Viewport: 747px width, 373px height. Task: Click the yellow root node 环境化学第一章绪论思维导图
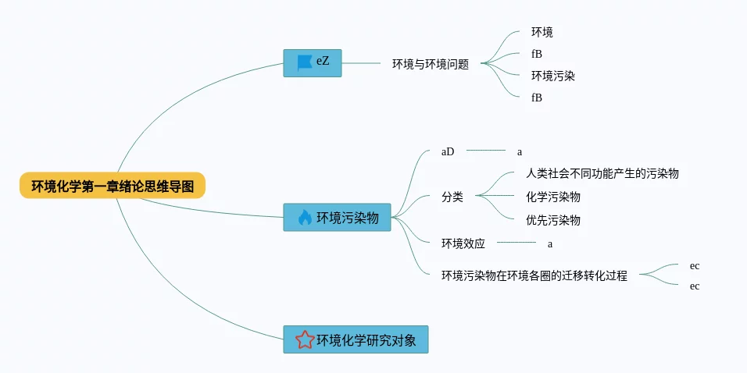click(113, 186)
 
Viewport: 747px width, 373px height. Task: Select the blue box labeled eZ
click(313, 63)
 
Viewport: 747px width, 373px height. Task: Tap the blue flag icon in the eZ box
click(305, 63)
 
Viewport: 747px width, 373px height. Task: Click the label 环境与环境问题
click(431, 64)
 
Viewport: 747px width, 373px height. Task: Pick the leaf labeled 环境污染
click(553, 76)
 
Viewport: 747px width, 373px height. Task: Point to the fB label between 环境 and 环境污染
click(537, 55)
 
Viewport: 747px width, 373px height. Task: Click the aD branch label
click(448, 151)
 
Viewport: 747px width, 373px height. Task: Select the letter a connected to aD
click(520, 152)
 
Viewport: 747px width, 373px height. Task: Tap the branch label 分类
click(452, 197)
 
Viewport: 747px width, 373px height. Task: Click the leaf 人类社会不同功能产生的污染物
click(602, 173)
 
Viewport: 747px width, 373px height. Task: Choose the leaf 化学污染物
click(553, 197)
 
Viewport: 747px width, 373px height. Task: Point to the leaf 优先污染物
click(553, 220)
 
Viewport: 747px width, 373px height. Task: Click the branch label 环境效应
click(463, 243)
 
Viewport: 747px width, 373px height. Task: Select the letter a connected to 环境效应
click(550, 244)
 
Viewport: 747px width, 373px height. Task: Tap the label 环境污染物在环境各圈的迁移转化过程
click(534, 275)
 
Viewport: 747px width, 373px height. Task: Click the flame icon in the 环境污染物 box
click(305, 218)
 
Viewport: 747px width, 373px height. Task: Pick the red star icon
click(305, 339)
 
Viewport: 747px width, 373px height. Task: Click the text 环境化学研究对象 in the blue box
click(366, 340)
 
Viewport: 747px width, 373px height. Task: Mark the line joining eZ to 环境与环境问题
click(362, 63)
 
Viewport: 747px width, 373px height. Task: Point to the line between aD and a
click(485, 151)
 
